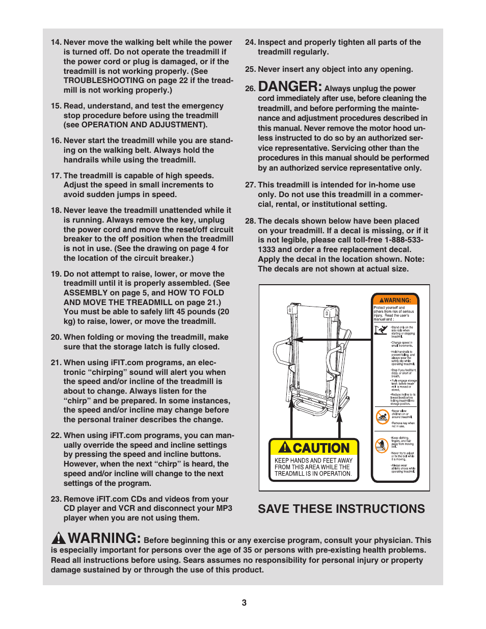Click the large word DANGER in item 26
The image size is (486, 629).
click(290, 87)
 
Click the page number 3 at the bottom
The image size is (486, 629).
click(244, 603)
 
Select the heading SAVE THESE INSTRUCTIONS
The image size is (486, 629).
click(341, 509)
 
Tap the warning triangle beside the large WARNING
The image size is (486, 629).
click(59, 538)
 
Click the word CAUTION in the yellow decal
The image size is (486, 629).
click(321, 448)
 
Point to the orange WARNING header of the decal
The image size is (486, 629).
click(395, 300)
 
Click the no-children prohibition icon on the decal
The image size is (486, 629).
click(382, 417)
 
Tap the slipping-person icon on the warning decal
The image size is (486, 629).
click(381, 330)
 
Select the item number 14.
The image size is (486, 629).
click(56, 42)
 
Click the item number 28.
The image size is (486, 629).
click(250, 221)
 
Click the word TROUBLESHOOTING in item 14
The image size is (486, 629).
click(104, 80)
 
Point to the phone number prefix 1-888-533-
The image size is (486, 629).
click(404, 240)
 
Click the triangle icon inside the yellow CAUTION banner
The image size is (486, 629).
click(285, 448)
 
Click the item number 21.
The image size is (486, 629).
click(56, 363)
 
